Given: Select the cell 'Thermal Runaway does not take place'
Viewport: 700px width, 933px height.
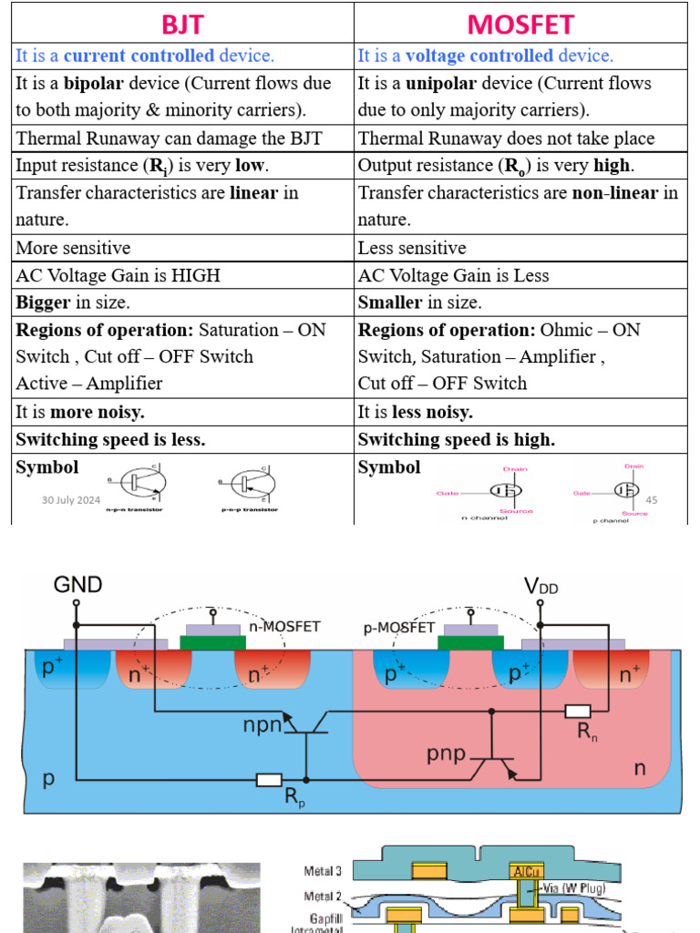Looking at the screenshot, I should click(506, 138).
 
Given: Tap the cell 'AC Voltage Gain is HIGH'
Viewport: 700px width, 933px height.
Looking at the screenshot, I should click(118, 275).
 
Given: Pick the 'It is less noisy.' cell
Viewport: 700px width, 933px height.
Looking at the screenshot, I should click(415, 412).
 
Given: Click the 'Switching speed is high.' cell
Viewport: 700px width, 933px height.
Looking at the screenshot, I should click(456, 439).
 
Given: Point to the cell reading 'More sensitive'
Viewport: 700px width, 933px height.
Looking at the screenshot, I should click(73, 248).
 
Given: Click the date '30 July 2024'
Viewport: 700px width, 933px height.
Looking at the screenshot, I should click(71, 500).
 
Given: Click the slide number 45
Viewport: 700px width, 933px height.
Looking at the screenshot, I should click(651, 500).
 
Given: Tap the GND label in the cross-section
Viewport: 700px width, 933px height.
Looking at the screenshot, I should click(77, 584).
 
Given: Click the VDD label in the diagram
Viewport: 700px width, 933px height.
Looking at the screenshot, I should click(540, 586).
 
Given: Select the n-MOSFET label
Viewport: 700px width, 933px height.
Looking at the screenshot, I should click(281, 627).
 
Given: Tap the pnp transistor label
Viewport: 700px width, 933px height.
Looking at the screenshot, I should click(447, 754).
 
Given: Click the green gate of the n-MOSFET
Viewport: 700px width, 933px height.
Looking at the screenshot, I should click(213, 643).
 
